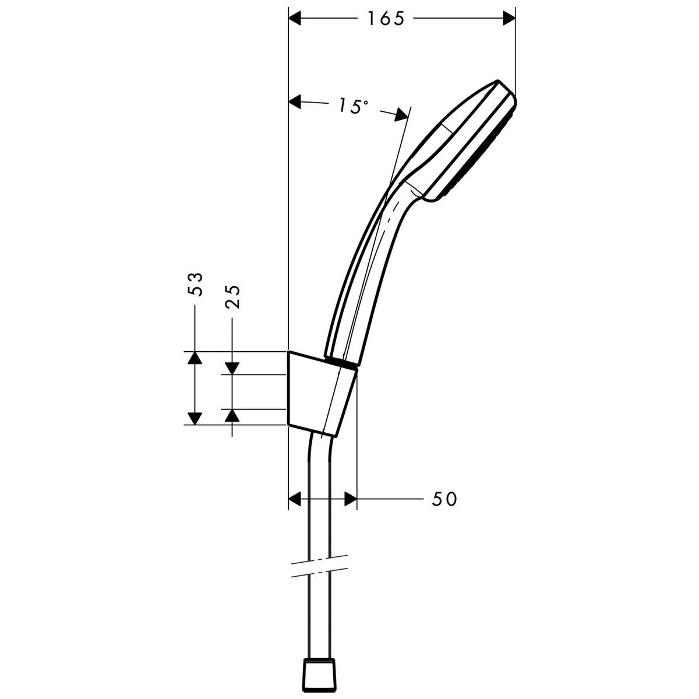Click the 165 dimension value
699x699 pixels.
click(x=385, y=19)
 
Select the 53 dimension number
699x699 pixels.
click(x=197, y=284)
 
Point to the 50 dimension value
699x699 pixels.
click(x=444, y=499)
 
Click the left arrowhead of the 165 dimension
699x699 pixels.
click(x=297, y=19)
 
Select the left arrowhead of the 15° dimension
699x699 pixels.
click(x=296, y=103)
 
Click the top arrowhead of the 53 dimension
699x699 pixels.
click(x=195, y=358)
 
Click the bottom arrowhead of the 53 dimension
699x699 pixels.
click(x=195, y=418)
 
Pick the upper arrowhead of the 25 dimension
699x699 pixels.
click(x=232, y=368)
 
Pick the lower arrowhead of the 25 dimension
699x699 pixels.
click(x=232, y=415)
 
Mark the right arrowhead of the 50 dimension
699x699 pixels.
click(x=349, y=499)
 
